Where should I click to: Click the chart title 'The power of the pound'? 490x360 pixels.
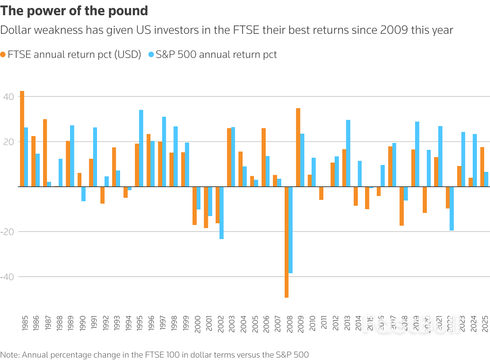pos(74,10)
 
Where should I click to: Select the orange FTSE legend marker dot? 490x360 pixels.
pos(3,55)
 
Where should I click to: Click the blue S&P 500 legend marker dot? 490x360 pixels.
pos(151,55)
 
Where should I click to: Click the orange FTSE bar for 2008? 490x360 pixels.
pos(287,242)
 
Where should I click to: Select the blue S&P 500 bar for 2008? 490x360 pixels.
pos(291,230)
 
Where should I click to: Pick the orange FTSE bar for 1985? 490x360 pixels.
pos(22,139)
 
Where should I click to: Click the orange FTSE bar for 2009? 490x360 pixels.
pos(298,147)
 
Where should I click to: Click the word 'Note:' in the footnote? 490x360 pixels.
pos(10,354)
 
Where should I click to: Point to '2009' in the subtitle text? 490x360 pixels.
pos(392,30)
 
